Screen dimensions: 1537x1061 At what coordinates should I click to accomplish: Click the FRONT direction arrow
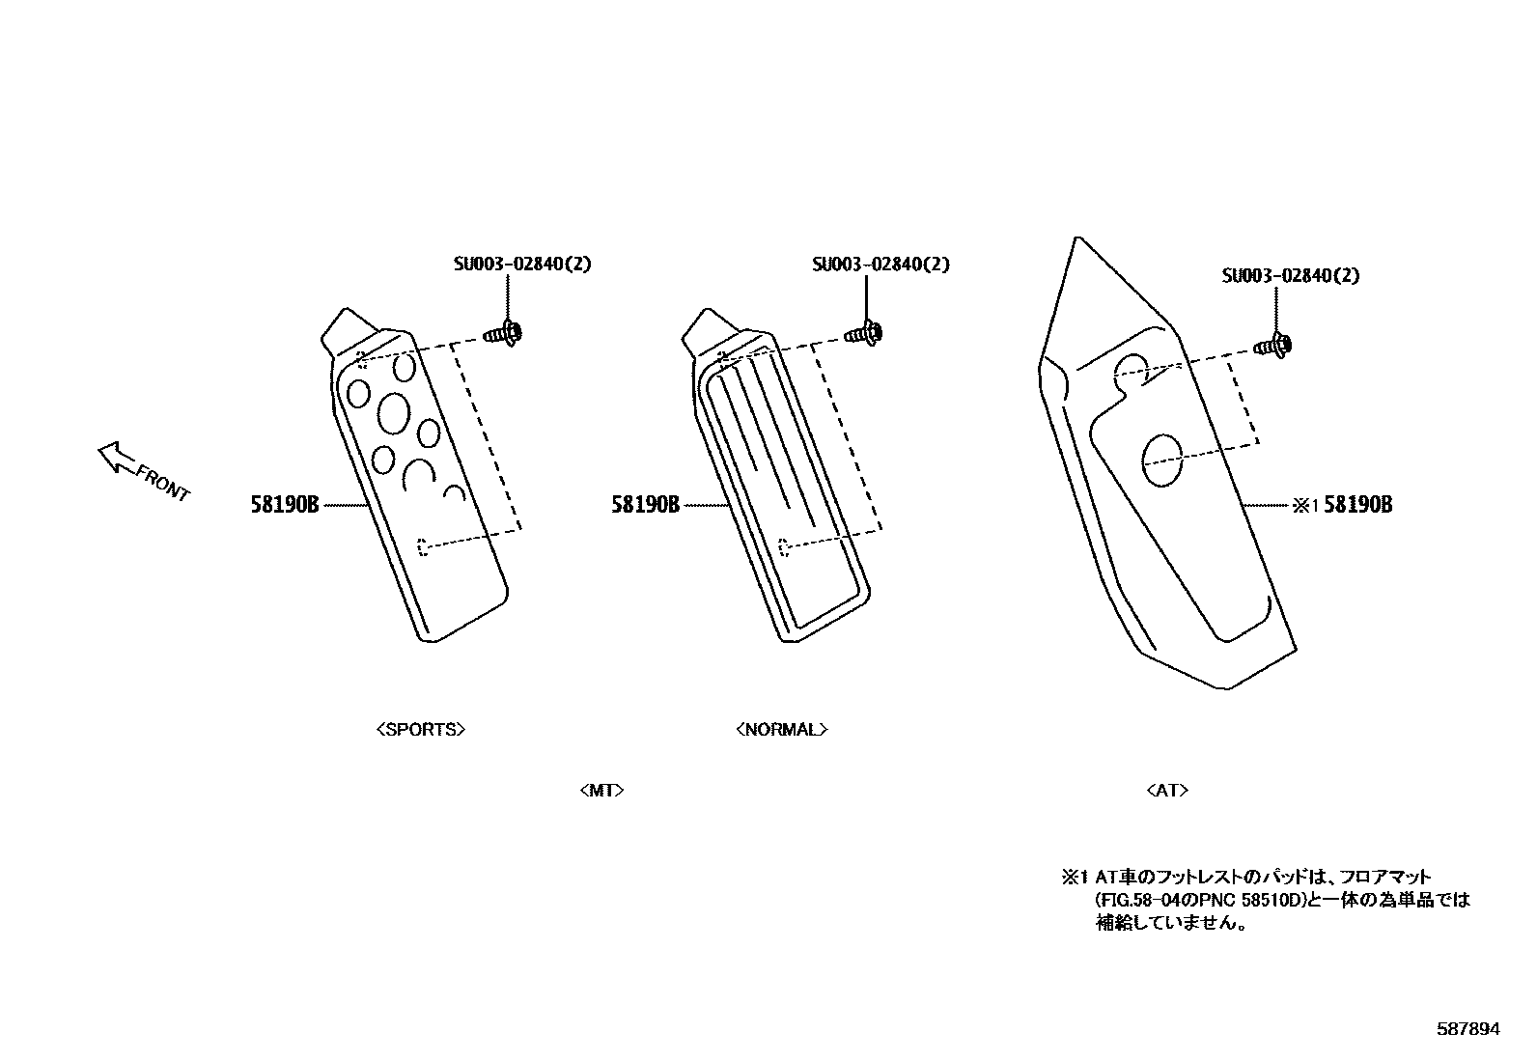(x=117, y=458)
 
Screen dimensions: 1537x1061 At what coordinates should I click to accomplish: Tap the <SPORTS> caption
(x=421, y=730)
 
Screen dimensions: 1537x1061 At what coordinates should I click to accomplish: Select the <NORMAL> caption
(x=781, y=730)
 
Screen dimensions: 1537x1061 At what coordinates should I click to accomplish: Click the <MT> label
(x=601, y=791)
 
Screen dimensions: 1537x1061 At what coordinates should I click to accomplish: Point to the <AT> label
(x=1167, y=791)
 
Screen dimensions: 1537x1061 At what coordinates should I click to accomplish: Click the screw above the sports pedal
(x=503, y=334)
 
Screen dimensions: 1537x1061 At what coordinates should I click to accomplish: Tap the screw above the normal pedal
(x=861, y=334)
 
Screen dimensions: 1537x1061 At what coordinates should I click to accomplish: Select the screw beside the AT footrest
(x=1274, y=344)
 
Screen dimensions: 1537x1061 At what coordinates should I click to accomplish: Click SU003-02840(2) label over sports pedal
(x=522, y=264)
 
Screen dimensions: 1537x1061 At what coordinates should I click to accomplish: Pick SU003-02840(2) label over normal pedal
(x=880, y=264)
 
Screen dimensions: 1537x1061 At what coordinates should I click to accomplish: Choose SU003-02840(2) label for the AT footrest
(x=1290, y=275)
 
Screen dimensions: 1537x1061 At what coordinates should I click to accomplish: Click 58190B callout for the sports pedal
(x=286, y=504)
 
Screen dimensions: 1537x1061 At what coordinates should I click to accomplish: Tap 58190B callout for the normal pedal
(x=645, y=504)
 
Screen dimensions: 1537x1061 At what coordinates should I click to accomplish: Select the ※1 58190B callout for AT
(x=1343, y=505)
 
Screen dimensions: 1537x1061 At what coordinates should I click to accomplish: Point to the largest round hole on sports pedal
(x=393, y=413)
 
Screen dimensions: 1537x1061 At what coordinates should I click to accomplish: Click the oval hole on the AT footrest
(x=1162, y=460)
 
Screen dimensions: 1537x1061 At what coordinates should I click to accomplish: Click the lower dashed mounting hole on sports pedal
(x=422, y=547)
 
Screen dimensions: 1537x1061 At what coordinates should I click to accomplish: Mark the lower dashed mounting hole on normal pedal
(x=784, y=546)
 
